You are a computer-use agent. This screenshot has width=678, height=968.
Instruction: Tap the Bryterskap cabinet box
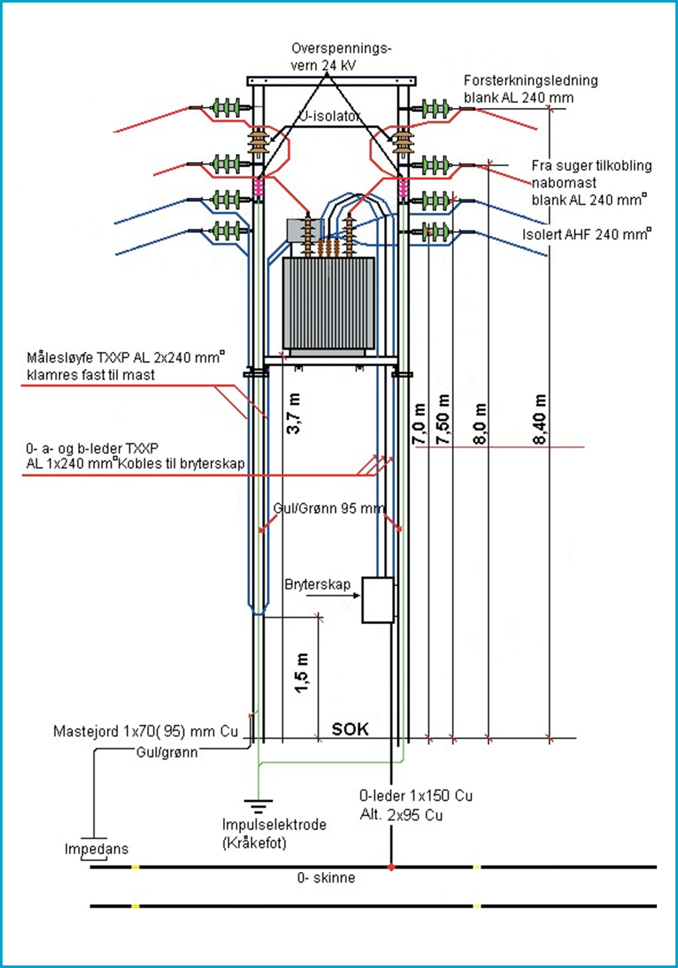pyautogui.click(x=378, y=600)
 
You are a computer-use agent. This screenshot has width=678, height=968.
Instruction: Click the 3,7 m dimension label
pyautogui.click(x=293, y=413)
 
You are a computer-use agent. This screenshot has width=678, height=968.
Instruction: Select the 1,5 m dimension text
pyautogui.click(x=302, y=673)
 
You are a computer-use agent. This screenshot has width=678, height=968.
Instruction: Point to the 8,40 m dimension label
pyautogui.click(x=540, y=419)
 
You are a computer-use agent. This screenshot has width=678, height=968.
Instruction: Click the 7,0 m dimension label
pyautogui.click(x=419, y=424)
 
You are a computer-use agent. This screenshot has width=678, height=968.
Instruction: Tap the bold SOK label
pyautogui.click(x=350, y=730)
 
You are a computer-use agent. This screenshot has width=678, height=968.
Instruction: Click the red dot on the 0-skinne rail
pyautogui.click(x=391, y=867)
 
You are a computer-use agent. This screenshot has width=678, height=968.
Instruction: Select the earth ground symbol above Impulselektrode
pyautogui.click(x=258, y=806)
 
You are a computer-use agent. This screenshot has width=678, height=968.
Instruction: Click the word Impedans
pyautogui.click(x=97, y=849)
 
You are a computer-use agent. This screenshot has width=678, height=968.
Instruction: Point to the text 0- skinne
pyautogui.click(x=326, y=878)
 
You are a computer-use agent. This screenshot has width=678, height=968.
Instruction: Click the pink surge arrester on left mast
pyautogui.click(x=258, y=187)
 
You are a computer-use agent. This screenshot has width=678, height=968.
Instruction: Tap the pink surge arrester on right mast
pyautogui.click(x=403, y=188)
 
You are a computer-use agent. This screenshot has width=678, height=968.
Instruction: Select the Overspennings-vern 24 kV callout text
pyautogui.click(x=341, y=56)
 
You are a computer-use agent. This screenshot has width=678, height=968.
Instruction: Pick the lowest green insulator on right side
pyautogui.click(x=435, y=231)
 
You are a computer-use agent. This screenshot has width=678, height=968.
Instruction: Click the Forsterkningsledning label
pyautogui.click(x=531, y=80)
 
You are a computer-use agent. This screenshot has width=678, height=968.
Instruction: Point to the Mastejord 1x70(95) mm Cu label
pyautogui.click(x=146, y=731)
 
